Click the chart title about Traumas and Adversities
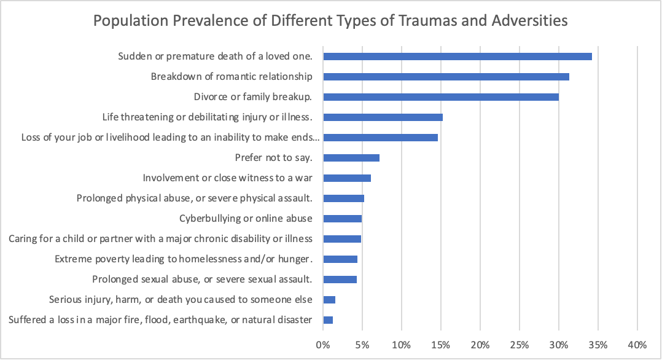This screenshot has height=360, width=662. [x=330, y=20]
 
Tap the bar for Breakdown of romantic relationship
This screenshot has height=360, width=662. [x=446, y=77]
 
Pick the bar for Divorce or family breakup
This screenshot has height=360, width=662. [x=441, y=97]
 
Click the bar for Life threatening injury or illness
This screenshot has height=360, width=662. [x=383, y=117]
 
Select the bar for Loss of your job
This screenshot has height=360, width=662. [x=380, y=138]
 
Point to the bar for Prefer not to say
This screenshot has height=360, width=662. [x=351, y=158]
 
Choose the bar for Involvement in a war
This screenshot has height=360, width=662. [x=347, y=178]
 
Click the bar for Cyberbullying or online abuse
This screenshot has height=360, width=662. [x=342, y=219]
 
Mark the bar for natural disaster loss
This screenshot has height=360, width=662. [x=328, y=320]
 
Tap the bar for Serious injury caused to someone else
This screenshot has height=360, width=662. [x=329, y=300]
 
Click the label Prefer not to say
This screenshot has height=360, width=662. [x=274, y=158]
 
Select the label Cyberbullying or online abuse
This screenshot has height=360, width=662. [x=246, y=219]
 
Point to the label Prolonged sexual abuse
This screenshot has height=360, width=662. [x=202, y=280]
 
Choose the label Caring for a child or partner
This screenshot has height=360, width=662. [x=160, y=239]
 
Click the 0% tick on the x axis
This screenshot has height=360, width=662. [x=323, y=343]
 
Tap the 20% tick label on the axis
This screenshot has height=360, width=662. [x=480, y=343]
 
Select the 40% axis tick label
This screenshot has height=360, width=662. [x=637, y=343]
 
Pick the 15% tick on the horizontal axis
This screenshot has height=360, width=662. [x=441, y=343]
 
